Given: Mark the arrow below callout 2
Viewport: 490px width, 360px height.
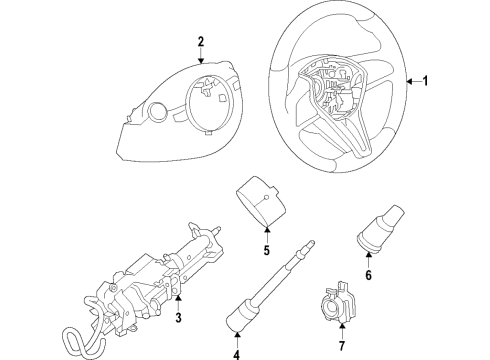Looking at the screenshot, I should pyautogui.click(x=201, y=61).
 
